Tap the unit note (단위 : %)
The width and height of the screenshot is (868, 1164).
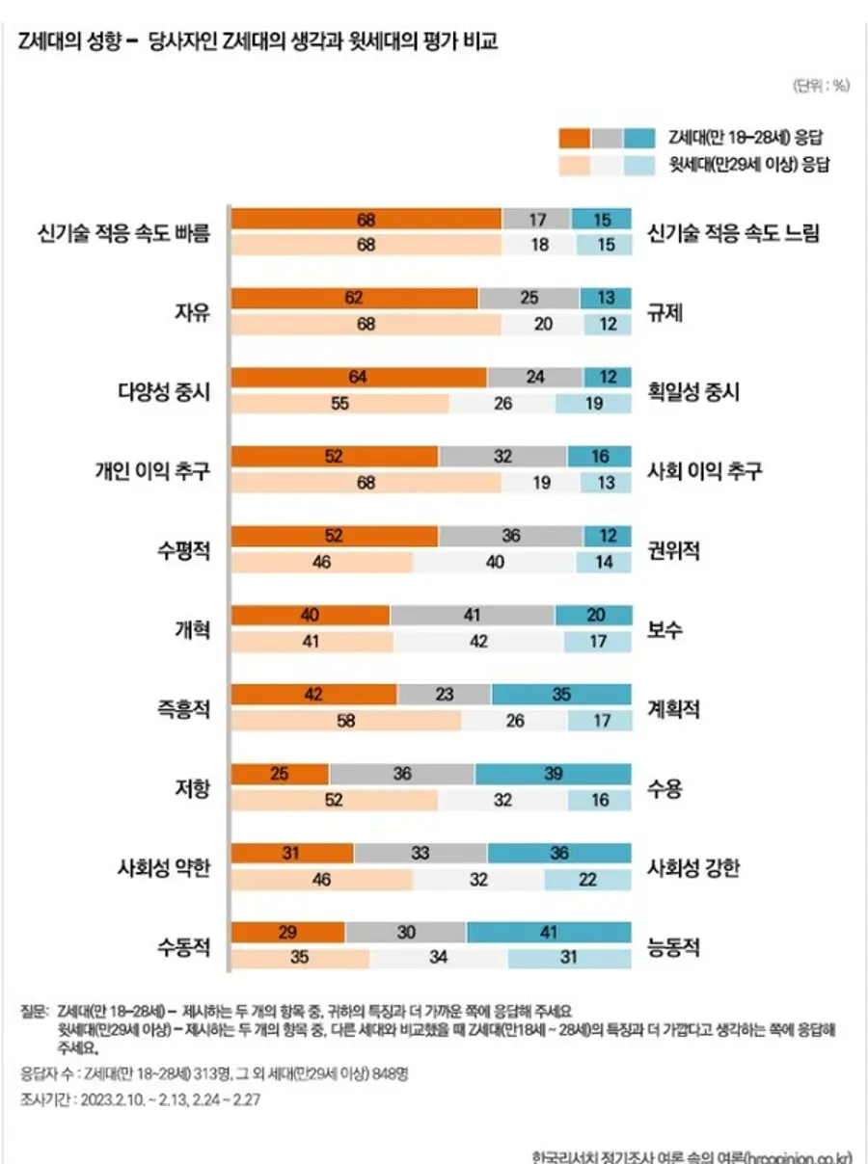(x=821, y=85)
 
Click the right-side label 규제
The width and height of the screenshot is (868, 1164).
(x=665, y=312)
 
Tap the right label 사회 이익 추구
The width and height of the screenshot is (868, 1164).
(x=705, y=470)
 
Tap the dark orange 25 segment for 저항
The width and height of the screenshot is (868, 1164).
(x=281, y=774)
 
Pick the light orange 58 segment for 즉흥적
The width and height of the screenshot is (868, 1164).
(x=347, y=721)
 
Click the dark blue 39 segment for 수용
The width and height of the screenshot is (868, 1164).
(x=553, y=774)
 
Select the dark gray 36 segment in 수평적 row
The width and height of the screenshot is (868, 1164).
(x=511, y=535)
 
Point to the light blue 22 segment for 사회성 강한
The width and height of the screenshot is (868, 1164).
(x=587, y=880)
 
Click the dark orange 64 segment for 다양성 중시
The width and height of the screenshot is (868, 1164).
(x=359, y=377)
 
